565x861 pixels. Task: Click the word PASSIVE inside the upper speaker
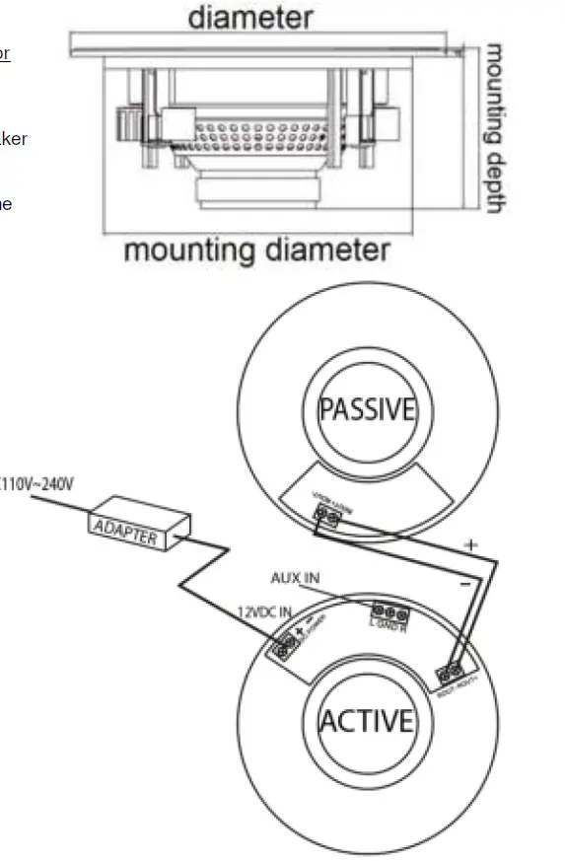click(x=367, y=409)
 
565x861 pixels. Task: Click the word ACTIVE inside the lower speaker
click(x=366, y=721)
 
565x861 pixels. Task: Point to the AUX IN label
click(x=295, y=578)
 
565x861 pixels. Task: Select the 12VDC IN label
click(x=264, y=612)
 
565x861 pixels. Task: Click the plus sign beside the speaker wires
click(x=471, y=544)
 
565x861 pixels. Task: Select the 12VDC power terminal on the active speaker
click(x=287, y=648)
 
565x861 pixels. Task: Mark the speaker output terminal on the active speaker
click(x=454, y=675)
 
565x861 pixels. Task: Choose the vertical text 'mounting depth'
click(x=495, y=128)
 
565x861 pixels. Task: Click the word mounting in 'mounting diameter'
click(x=186, y=250)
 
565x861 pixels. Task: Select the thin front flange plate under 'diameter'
click(x=266, y=44)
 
